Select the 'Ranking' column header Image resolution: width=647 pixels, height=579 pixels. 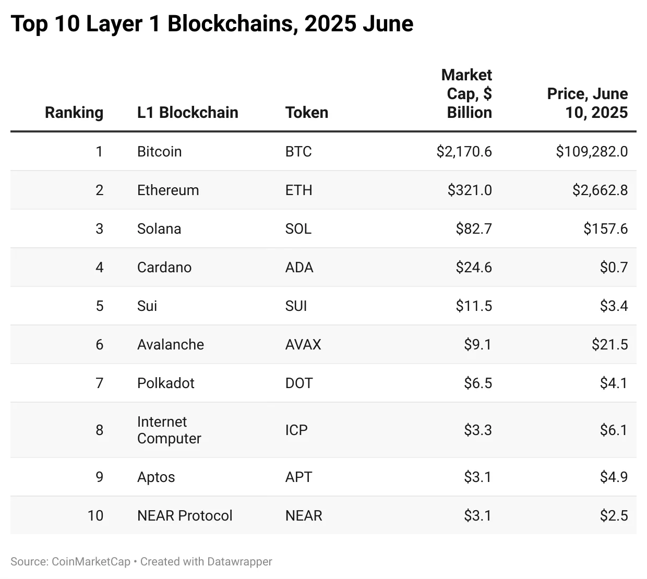74,112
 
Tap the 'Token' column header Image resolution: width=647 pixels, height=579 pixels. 307,112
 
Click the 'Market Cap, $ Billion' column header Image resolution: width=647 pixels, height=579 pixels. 466,94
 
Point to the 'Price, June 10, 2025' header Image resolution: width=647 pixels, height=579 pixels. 588,103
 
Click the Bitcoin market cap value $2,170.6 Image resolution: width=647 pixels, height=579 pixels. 464,151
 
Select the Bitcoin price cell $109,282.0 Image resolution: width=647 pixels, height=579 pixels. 592,151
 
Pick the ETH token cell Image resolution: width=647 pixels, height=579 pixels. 299,190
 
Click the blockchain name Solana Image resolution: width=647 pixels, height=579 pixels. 159,228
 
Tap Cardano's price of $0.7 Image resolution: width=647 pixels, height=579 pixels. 614,267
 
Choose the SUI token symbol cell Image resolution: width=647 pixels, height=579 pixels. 296,306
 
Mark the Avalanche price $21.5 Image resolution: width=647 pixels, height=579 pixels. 609,344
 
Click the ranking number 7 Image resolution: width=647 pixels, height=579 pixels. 99,383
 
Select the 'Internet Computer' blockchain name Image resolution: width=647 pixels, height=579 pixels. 169,430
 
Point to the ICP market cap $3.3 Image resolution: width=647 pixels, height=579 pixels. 477,430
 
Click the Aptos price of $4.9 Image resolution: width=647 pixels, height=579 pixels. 614,477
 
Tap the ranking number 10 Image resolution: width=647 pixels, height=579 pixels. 95,515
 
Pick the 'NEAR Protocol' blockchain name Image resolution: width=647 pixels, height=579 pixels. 185,515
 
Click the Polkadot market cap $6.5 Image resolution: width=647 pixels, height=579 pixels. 477,383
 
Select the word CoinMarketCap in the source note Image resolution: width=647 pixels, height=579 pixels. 91,561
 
